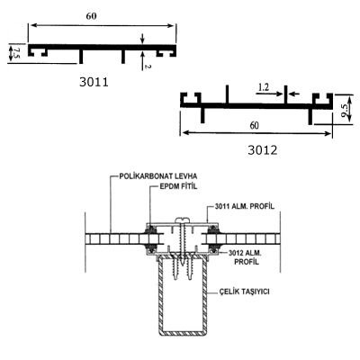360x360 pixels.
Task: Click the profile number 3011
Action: [x=94, y=82]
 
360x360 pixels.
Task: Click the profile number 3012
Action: [x=263, y=150]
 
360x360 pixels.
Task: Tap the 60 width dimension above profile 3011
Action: [x=92, y=16]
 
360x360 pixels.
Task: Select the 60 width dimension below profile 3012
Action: [x=254, y=125]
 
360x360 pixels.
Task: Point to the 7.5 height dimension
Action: [x=16, y=52]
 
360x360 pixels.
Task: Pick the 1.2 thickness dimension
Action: [x=264, y=87]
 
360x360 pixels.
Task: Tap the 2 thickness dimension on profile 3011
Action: [x=147, y=67]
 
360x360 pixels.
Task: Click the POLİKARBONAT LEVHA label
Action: [x=158, y=175]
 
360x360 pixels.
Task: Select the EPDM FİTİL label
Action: [x=177, y=186]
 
